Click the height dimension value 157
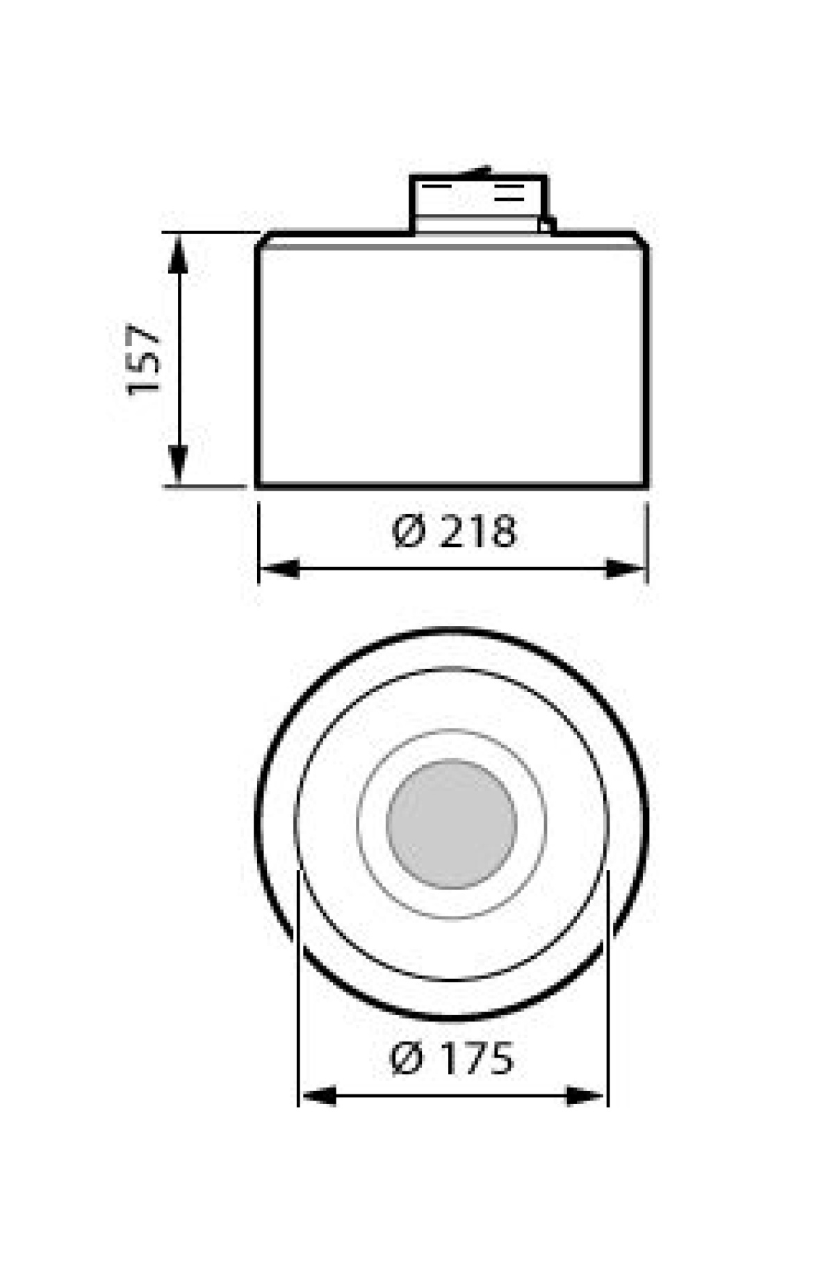[144, 358]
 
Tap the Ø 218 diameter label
[455, 533]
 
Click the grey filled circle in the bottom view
[452, 824]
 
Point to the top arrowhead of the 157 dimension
[179, 254]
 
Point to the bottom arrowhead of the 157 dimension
[179, 465]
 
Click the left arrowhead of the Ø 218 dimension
[279, 569]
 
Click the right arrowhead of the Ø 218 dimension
[626, 569]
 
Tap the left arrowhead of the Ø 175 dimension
[319, 1097]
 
